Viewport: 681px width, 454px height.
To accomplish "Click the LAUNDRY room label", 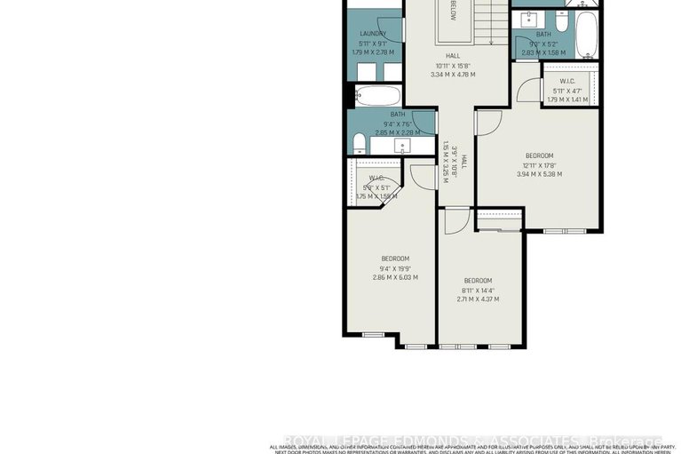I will pos(372,34).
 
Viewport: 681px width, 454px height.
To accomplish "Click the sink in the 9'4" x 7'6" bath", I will pos(402,145).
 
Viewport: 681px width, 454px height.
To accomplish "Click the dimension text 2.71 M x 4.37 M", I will pos(478,299).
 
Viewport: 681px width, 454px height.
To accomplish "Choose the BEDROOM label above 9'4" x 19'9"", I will pos(395,259).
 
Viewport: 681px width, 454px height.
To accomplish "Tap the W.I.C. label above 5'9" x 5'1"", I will pos(376,178).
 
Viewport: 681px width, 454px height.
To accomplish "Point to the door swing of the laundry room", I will pos(391,31).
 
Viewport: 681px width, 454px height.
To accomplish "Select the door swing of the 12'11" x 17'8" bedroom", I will pos(487,122).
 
